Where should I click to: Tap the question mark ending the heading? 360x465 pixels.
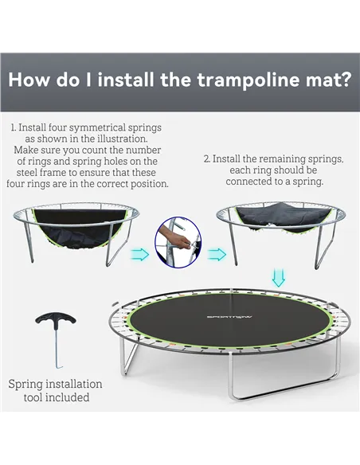[344, 81]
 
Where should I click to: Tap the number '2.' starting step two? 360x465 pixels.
[207, 159]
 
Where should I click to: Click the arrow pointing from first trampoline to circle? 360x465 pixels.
[140, 254]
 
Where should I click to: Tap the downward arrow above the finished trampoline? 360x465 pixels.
[277, 277]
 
